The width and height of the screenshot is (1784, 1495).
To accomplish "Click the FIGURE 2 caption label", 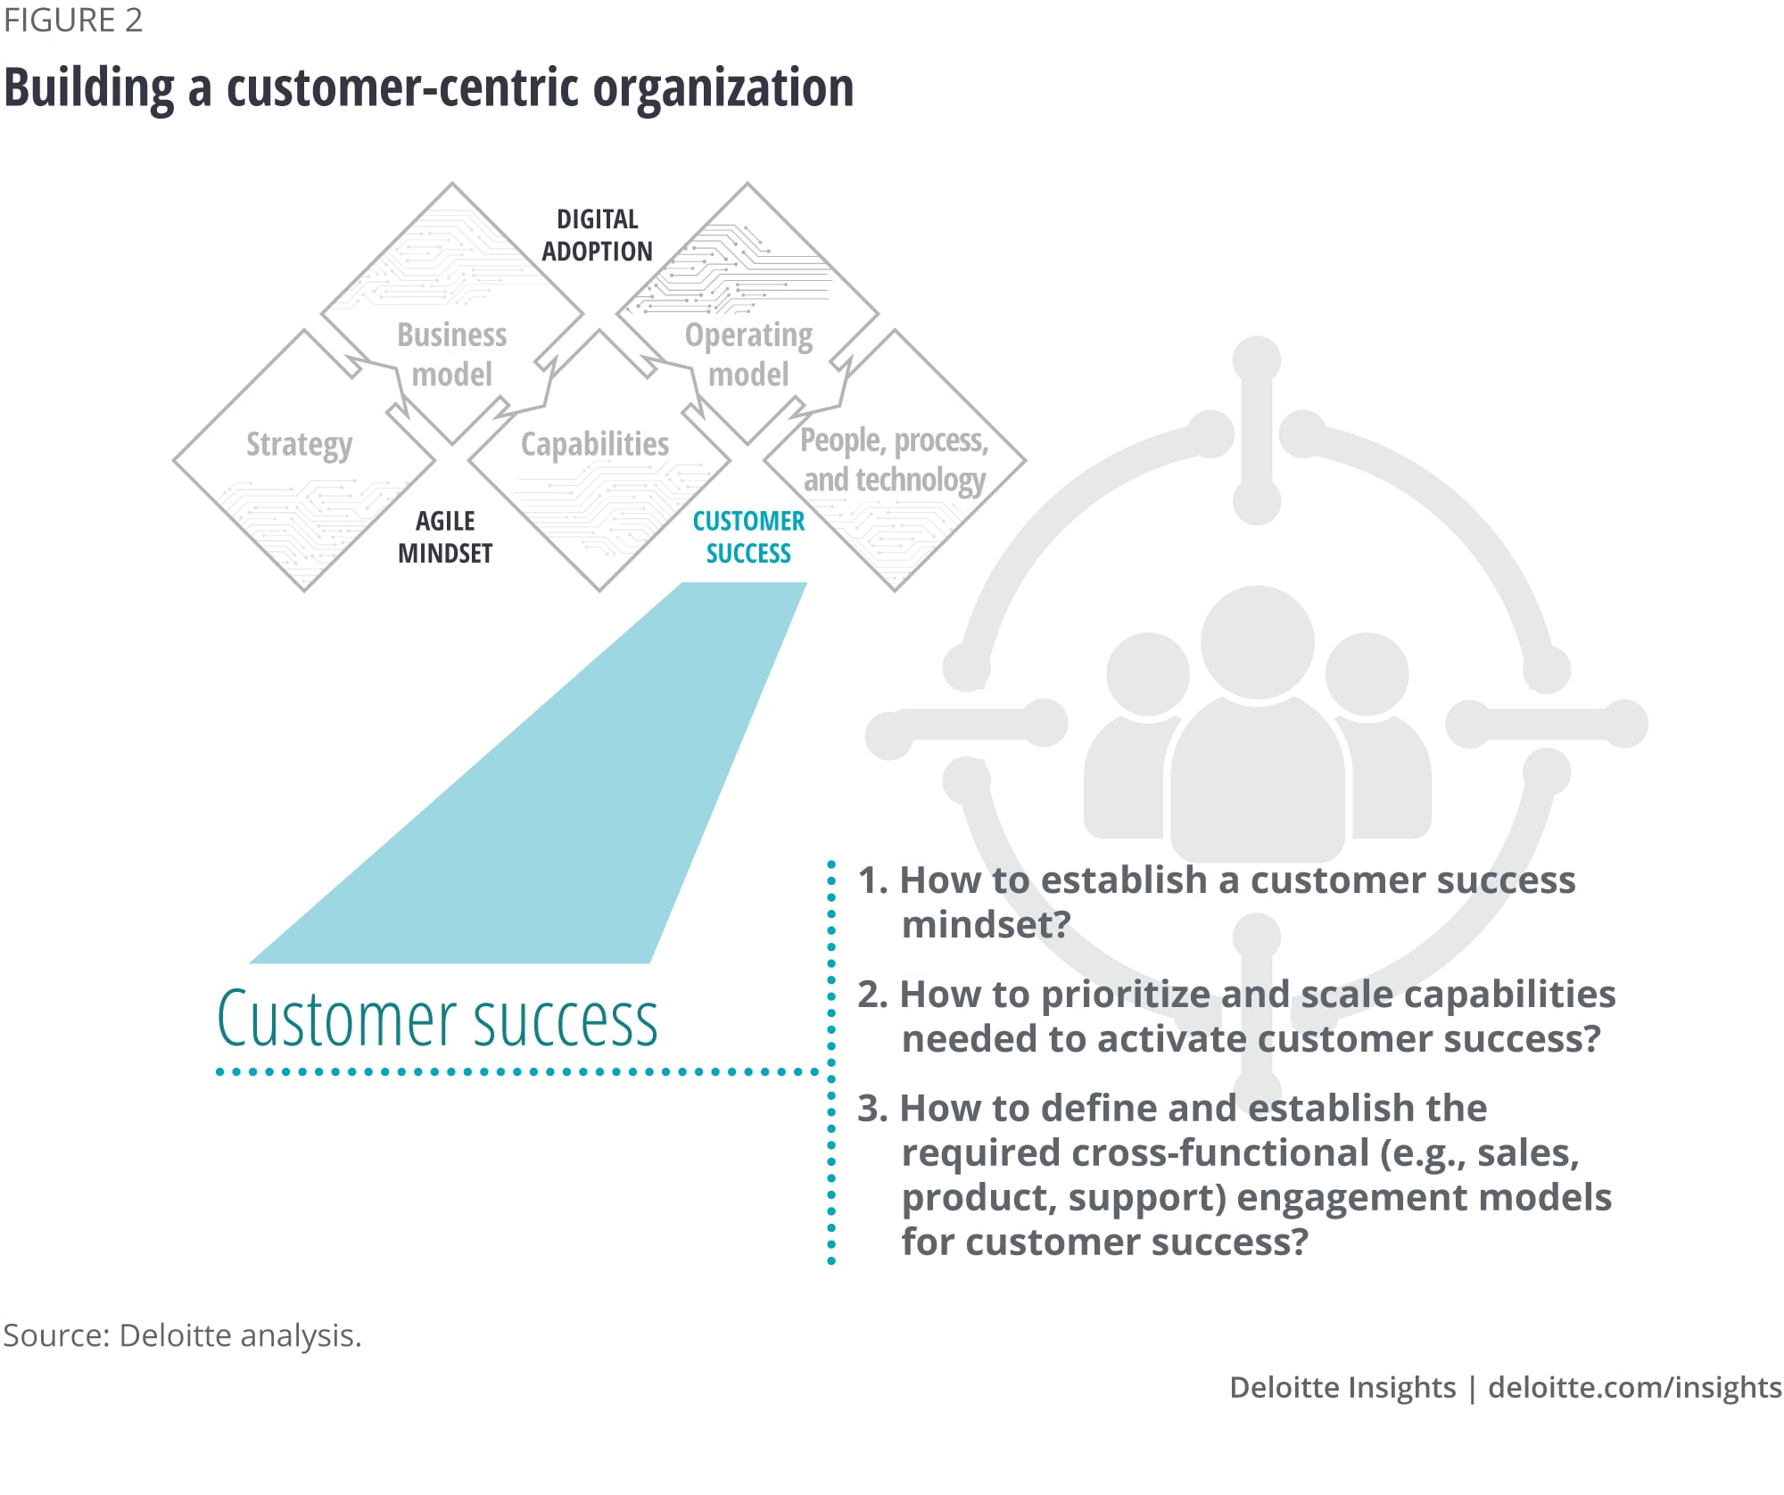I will click(73, 21).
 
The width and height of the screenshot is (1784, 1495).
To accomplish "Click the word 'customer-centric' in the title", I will click(403, 88).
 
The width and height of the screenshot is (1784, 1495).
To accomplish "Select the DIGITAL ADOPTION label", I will click(597, 235).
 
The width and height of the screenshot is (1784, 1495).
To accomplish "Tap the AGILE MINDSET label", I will click(445, 537).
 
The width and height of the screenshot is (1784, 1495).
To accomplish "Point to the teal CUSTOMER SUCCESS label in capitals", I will click(748, 537).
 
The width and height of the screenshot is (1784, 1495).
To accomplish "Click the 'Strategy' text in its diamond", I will click(300, 444).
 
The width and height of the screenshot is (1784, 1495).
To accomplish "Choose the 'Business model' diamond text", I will click(452, 354).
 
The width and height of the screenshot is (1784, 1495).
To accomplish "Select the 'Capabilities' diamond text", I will click(595, 443).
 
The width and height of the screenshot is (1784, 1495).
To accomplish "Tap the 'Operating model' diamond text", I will click(748, 354).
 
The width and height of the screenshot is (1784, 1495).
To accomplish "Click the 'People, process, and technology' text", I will click(894, 459).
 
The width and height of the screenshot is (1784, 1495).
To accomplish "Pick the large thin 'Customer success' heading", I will click(437, 1020).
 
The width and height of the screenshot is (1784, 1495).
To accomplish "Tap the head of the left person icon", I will click(1147, 673).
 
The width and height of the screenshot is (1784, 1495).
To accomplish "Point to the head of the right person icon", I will click(1367, 673).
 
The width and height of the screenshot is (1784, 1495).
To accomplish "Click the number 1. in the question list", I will click(872, 880).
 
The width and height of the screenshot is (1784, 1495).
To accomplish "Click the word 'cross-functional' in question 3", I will click(1218, 1152).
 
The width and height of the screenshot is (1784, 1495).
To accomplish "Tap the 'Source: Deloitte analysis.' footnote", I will click(182, 1335).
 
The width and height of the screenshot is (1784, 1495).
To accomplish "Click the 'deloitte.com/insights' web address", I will click(1634, 1387).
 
